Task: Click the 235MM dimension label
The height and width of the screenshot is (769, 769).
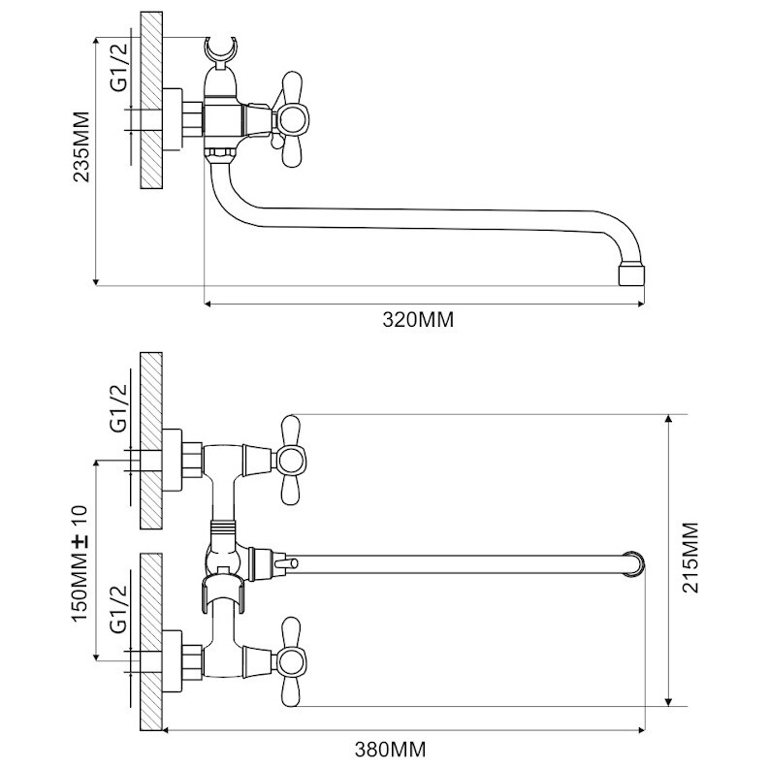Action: pyautogui.click(x=81, y=147)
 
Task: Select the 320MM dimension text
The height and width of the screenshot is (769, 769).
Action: pyautogui.click(x=418, y=320)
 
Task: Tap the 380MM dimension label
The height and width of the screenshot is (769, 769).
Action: pyautogui.click(x=391, y=750)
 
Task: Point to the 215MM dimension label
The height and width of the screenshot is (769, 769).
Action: pyautogui.click(x=691, y=558)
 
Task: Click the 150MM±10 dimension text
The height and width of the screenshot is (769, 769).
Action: pyautogui.click(x=80, y=564)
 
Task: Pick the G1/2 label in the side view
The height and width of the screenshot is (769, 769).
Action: pyautogui.click(x=119, y=68)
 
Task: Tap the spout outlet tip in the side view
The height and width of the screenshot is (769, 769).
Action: pyautogui.click(x=631, y=275)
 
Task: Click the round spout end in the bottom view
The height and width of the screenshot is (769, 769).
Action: pyautogui.click(x=633, y=564)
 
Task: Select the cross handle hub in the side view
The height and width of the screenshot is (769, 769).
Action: pyautogui.click(x=292, y=119)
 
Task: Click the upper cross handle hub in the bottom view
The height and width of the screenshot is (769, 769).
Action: pyautogui.click(x=291, y=461)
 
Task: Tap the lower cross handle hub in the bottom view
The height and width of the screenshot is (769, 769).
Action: pyautogui.click(x=291, y=661)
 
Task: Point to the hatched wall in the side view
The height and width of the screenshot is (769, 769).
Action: pyautogui.click(x=151, y=100)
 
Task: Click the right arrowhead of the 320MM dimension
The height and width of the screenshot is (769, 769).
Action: pyautogui.click(x=640, y=304)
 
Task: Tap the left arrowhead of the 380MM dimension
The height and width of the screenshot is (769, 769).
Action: pyautogui.click(x=167, y=730)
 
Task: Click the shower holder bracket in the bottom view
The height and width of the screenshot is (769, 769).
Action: pyautogui.click(x=223, y=593)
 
